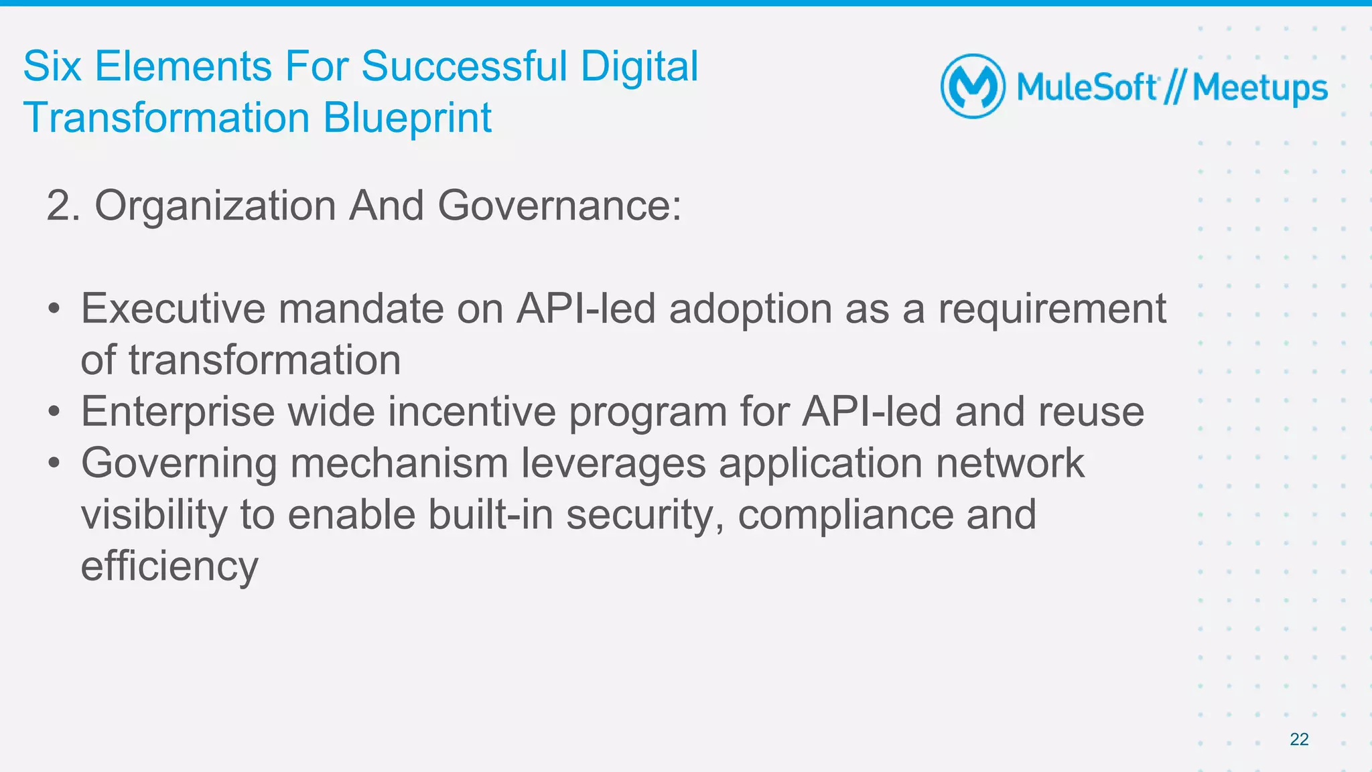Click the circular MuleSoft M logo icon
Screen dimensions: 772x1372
tap(973, 86)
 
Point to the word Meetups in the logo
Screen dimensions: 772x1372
tap(1259, 88)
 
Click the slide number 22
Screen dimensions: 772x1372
tap(1299, 739)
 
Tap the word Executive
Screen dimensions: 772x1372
tap(174, 309)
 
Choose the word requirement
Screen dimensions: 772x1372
tap(1052, 310)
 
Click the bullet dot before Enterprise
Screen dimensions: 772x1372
tap(54, 411)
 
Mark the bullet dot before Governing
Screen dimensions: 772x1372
tap(54, 463)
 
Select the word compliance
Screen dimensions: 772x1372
tap(845, 515)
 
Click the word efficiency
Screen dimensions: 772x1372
tap(169, 566)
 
